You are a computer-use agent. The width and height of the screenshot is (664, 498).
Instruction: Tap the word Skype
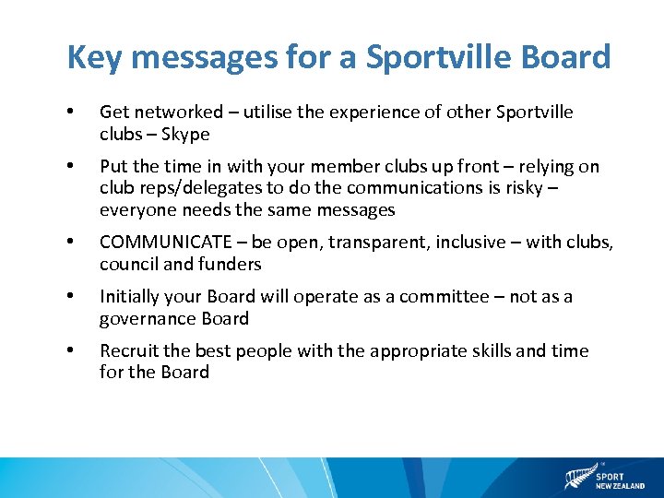click(185, 135)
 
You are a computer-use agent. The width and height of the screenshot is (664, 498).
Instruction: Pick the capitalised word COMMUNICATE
click(164, 243)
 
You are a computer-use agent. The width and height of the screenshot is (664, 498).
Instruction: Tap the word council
click(130, 265)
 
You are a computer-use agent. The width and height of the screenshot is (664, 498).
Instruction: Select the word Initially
click(129, 297)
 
